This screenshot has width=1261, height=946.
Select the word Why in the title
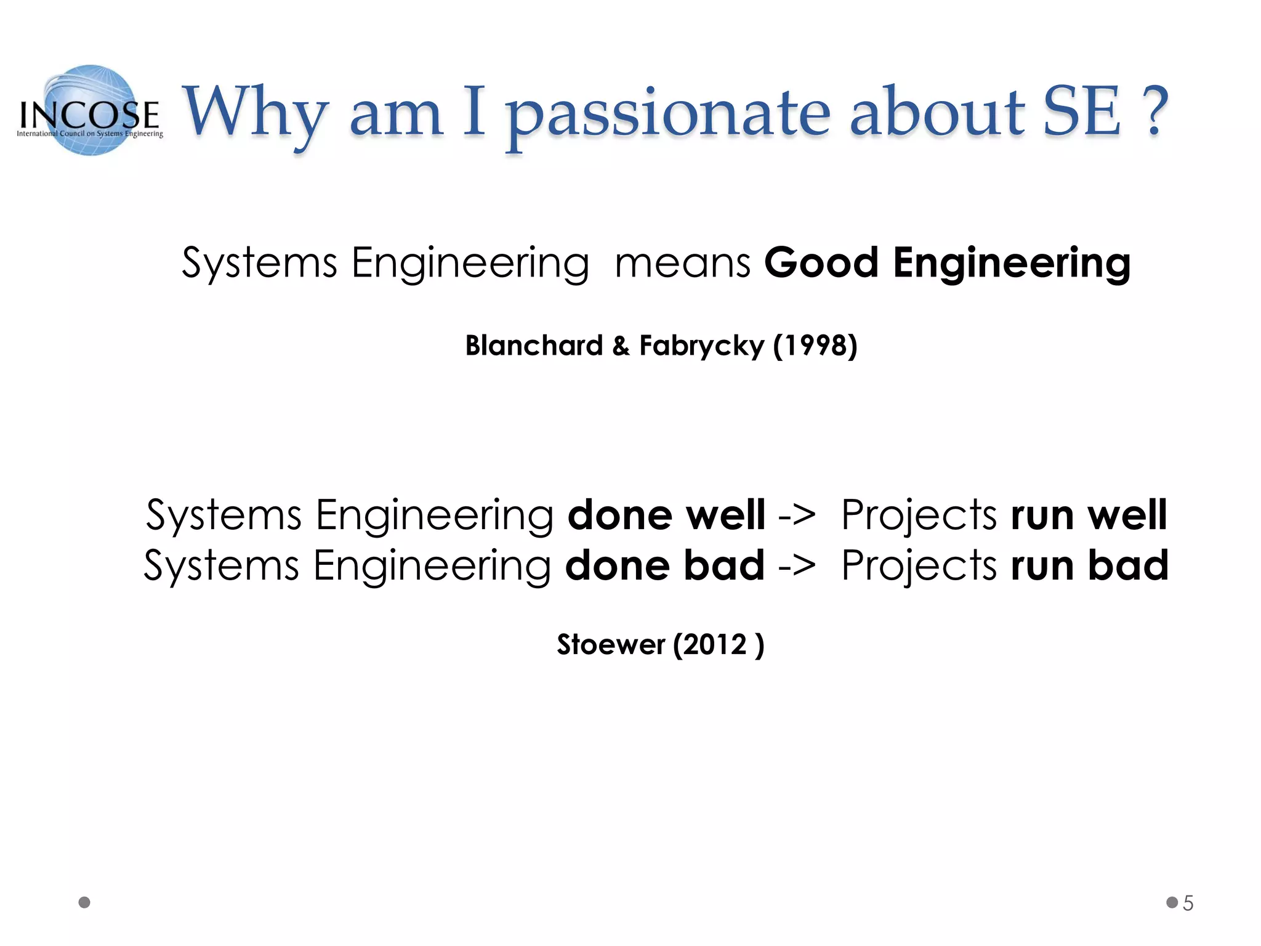click(x=254, y=114)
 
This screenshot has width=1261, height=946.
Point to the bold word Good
click(x=821, y=264)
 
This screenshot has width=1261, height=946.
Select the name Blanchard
click(x=534, y=346)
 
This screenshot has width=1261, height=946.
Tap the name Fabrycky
click(x=701, y=347)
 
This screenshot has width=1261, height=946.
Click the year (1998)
click(x=815, y=346)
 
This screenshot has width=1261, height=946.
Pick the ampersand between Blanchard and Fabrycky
click(x=621, y=346)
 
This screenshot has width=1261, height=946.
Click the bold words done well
click(x=666, y=515)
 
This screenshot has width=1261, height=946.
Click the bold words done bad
click(x=665, y=565)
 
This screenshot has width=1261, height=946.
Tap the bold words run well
click(x=1089, y=515)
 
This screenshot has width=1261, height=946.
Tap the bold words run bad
click(x=1089, y=565)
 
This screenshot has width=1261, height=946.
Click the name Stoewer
click(x=611, y=645)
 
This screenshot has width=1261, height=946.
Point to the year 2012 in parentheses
click(x=718, y=645)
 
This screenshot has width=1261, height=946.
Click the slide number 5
click(x=1188, y=904)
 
